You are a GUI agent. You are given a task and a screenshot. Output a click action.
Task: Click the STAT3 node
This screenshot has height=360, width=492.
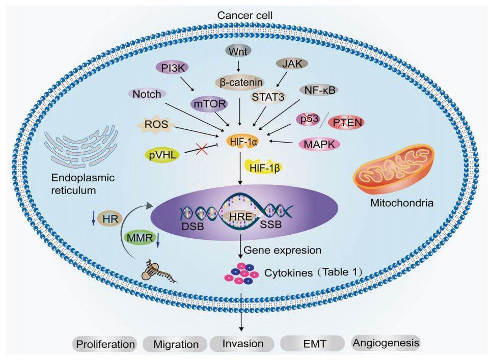261,97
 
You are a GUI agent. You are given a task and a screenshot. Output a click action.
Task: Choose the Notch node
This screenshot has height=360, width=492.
148,94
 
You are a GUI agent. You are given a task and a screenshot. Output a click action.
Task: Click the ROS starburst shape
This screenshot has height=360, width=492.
152,124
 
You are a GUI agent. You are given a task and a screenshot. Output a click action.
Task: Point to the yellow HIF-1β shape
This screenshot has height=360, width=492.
263,165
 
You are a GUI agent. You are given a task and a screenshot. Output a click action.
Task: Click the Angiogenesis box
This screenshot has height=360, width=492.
386,343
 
